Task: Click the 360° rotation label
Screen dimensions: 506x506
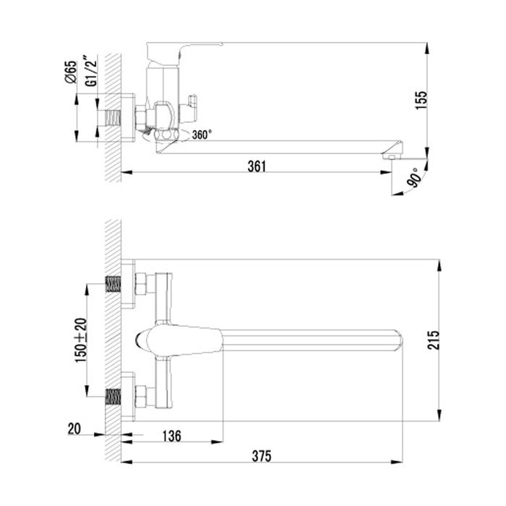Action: click(203, 135)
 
